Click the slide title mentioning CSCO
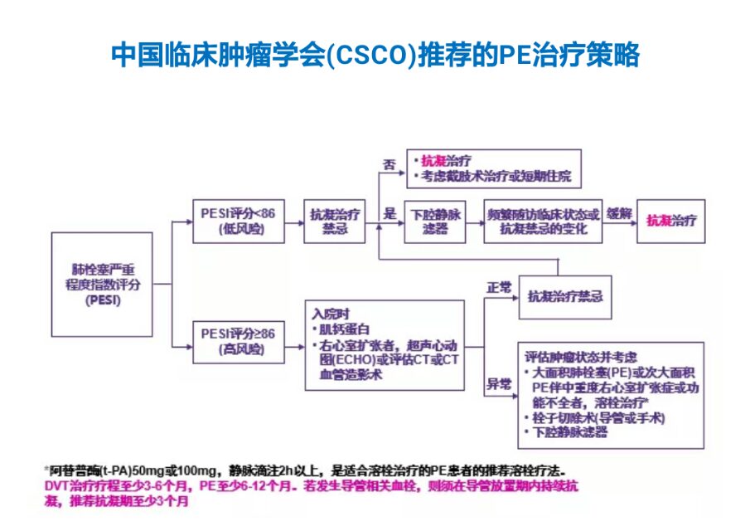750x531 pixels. (375, 56)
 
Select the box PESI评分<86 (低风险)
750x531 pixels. (239, 220)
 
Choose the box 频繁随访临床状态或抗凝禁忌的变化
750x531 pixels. (543, 221)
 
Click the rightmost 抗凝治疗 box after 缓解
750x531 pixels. (671, 221)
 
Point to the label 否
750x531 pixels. (388, 165)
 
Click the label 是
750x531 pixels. (389, 213)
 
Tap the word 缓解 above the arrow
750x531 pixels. (619, 213)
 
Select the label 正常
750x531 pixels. (500, 287)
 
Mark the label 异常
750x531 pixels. (498, 384)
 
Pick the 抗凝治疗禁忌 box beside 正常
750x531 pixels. (564, 297)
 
